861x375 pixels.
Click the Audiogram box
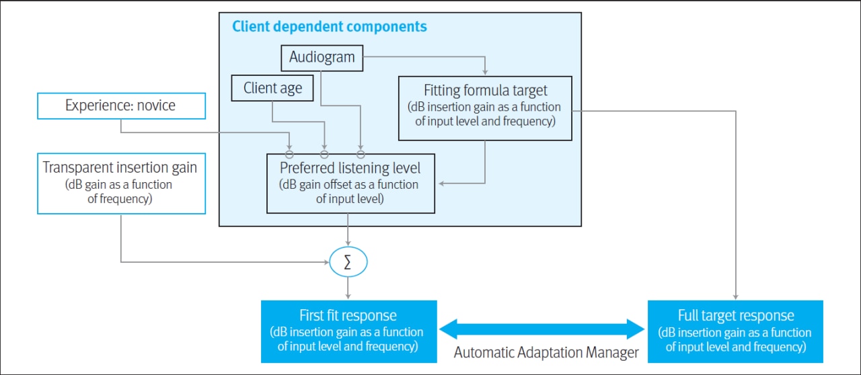tap(322, 58)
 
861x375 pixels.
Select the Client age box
tap(272, 88)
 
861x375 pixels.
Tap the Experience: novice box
tap(121, 106)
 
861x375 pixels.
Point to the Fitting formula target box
tap(485, 108)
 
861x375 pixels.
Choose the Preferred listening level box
tap(350, 183)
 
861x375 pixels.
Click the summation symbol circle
tap(348, 262)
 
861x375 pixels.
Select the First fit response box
tap(348, 331)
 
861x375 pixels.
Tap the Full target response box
tap(735, 331)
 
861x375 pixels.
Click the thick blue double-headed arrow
tap(541, 329)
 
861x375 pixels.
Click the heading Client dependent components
tap(329, 27)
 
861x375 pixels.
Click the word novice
tap(154, 106)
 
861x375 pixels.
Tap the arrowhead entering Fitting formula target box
tap(485, 72)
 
